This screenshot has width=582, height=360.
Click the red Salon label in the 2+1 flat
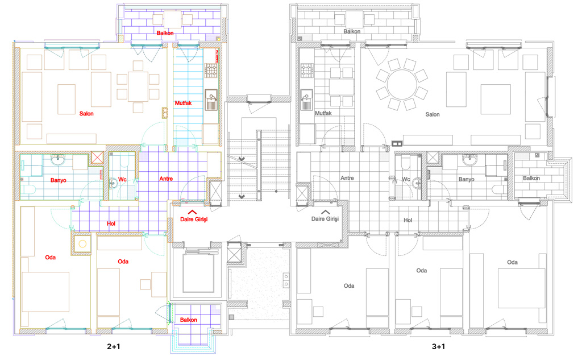pos(86,114)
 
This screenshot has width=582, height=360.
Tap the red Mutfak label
pos(184,103)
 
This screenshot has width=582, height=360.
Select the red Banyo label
pos(59,180)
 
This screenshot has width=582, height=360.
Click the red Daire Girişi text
pos(194,219)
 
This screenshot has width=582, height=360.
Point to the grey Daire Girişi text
pos(325,219)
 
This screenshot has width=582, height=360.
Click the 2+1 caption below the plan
pos(114,346)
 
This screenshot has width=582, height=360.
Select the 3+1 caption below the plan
pos(438,346)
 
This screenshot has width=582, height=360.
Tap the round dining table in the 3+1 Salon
pos(402,84)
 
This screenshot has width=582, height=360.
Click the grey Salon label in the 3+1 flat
pos(433,114)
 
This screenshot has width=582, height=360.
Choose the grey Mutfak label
pos(323,113)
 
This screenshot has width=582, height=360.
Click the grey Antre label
pos(347,178)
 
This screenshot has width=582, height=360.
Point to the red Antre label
pos(166,179)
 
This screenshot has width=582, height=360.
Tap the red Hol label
pos(111,224)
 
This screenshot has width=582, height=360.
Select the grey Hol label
pos(408,220)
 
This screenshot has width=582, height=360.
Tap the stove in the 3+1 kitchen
pos(307,71)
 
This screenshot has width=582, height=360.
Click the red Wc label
pos(122,180)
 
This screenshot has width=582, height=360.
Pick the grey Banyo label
pos(466,179)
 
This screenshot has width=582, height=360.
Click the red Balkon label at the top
pos(165,33)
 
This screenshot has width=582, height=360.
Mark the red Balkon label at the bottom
pos(189,320)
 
